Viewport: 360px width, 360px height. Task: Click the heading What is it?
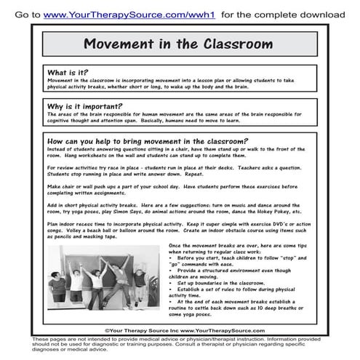pyautogui.click(x=68, y=73)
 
